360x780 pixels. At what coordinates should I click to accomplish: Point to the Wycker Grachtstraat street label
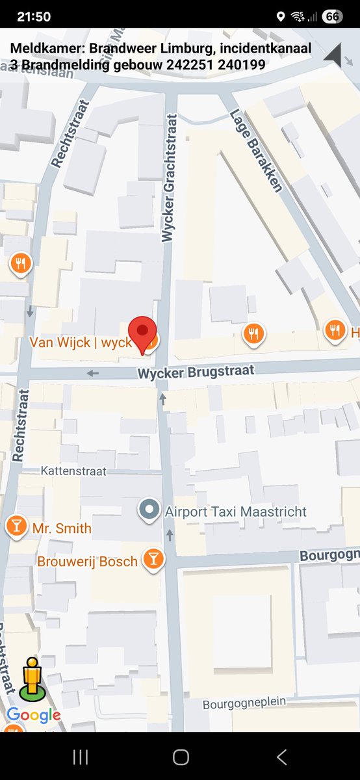tap(170, 178)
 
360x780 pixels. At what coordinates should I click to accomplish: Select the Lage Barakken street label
tap(257, 151)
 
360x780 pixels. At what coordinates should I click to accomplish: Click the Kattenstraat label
tap(73, 470)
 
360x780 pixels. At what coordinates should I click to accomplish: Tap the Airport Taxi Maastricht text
tap(235, 512)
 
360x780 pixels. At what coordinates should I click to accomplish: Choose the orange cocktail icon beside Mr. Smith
tap(16, 527)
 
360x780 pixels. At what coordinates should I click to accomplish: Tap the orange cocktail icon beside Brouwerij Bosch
tap(153, 560)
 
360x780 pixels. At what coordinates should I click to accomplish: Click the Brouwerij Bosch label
tap(88, 561)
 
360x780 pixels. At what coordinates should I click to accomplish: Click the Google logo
tap(33, 716)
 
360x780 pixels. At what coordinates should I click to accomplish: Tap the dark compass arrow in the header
tap(335, 55)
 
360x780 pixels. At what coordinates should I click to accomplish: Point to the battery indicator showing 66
tap(332, 16)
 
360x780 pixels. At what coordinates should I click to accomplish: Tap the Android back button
tap(281, 757)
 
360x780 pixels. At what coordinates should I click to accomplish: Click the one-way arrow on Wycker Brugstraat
tap(93, 373)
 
